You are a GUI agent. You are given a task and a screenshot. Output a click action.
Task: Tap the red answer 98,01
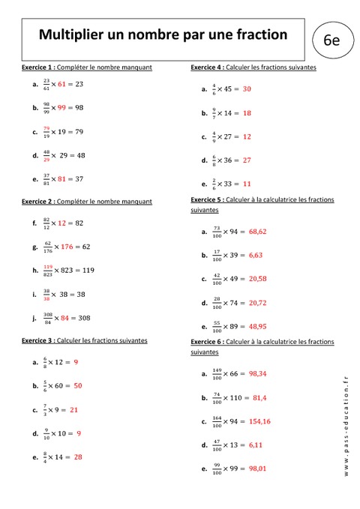click(258, 469)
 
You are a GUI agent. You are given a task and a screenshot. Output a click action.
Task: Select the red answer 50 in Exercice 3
click(78, 385)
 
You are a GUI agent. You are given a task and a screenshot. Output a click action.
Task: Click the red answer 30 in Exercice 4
click(247, 88)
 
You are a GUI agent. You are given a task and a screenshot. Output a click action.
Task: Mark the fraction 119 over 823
click(47, 270)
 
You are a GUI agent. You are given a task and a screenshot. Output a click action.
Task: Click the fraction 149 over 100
click(217, 373)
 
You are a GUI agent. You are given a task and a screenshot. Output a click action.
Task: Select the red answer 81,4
click(262, 397)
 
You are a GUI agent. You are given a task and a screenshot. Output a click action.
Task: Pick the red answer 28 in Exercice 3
click(78, 457)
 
